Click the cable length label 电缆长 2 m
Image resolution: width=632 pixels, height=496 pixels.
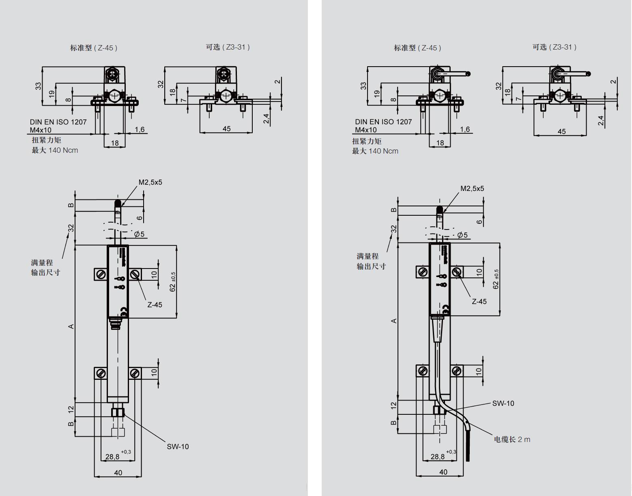pyautogui.click(x=512, y=439)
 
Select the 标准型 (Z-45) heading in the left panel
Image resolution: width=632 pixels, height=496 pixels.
pyautogui.click(x=94, y=48)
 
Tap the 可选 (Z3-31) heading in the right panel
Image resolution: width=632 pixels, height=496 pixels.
pyautogui.click(x=554, y=47)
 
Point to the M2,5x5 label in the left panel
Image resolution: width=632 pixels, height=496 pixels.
pyautogui.click(x=150, y=182)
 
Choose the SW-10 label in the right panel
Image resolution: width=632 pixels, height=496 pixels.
pyautogui.click(x=503, y=403)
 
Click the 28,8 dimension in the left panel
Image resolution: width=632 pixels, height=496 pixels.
pyautogui.click(x=113, y=457)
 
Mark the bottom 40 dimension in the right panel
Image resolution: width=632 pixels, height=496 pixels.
pyautogui.click(x=443, y=472)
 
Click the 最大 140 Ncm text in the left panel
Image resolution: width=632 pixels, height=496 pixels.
pyautogui.click(x=55, y=150)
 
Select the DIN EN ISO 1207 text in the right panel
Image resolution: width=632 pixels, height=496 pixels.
pyautogui.click(x=383, y=122)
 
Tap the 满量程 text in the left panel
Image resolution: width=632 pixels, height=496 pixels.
pyautogui.click(x=42, y=263)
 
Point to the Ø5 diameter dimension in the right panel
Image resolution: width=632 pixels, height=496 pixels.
pyautogui.click(x=462, y=235)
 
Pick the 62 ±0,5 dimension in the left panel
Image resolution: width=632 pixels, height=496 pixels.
pyautogui.click(x=173, y=282)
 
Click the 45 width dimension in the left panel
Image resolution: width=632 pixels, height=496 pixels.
pyautogui.click(x=226, y=129)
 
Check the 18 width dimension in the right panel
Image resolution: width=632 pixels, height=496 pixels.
pyautogui.click(x=440, y=143)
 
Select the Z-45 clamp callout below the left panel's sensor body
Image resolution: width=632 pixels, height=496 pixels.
pyautogui.click(x=155, y=305)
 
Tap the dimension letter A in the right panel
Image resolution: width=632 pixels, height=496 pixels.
pyautogui.click(x=394, y=321)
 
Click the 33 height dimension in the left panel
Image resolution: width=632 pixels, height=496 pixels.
pyautogui.click(x=39, y=86)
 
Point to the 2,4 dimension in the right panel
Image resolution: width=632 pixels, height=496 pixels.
pyautogui.click(x=601, y=121)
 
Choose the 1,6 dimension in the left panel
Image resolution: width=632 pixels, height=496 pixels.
pyautogui.click(x=140, y=130)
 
